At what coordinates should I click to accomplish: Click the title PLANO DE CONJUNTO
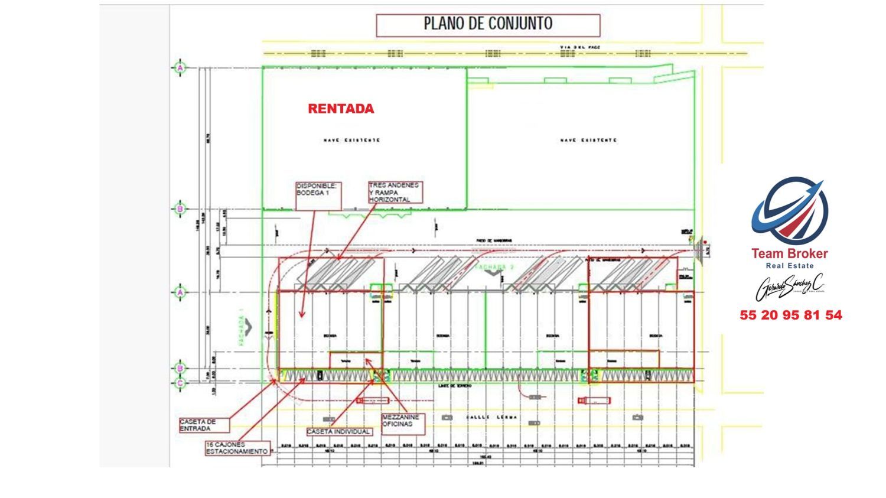[x=488, y=24]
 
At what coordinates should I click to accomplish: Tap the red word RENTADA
[x=341, y=109]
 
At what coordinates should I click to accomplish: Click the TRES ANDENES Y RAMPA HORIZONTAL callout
[x=395, y=193]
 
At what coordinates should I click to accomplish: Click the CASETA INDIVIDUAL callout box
[x=339, y=432]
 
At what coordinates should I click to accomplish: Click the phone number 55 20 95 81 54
[x=791, y=315]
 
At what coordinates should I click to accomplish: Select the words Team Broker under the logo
[x=789, y=254]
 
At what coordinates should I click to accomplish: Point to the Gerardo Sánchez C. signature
[x=790, y=288]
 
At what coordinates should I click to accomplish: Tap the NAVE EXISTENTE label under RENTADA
[x=351, y=141]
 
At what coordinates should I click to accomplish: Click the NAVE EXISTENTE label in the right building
[x=588, y=141]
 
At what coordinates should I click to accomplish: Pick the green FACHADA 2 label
[x=495, y=268]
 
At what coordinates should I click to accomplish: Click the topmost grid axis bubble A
[x=180, y=69]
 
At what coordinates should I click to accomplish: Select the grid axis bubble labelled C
[x=180, y=383]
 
